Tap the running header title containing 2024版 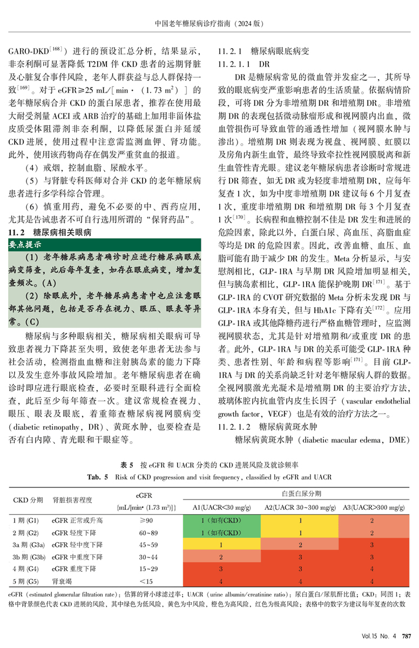click(209, 24)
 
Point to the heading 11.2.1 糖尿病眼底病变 click(263, 52)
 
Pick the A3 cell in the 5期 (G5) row click(372, 580)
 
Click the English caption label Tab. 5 click(98, 477)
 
